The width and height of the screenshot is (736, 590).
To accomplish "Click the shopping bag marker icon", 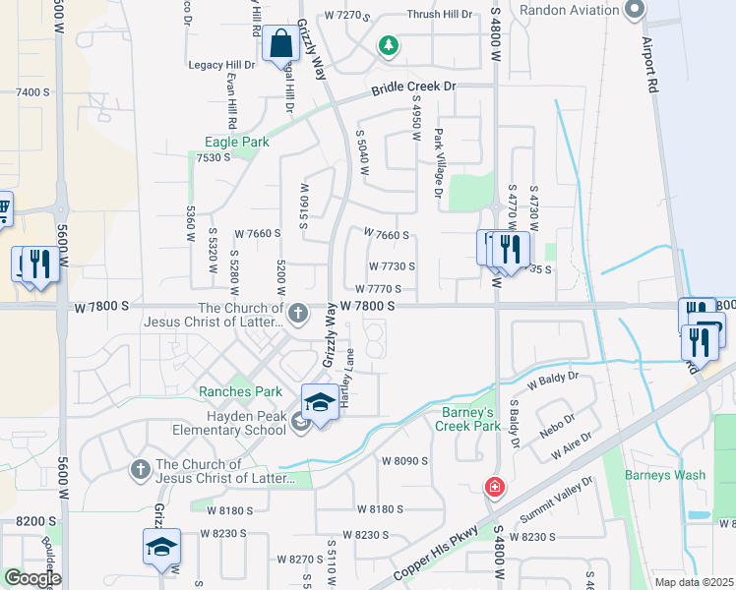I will pyautogui.click(x=280, y=43).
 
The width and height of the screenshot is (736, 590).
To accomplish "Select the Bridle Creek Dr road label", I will pyautogui.click(x=414, y=89).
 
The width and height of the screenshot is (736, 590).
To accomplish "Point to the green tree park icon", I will pyautogui.click(x=390, y=44).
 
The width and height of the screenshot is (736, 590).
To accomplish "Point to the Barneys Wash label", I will pyautogui.click(x=664, y=475).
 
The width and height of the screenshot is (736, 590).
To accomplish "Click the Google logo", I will pyautogui.click(x=32, y=578).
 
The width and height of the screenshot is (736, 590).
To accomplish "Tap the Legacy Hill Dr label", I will pyautogui.click(x=222, y=65).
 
